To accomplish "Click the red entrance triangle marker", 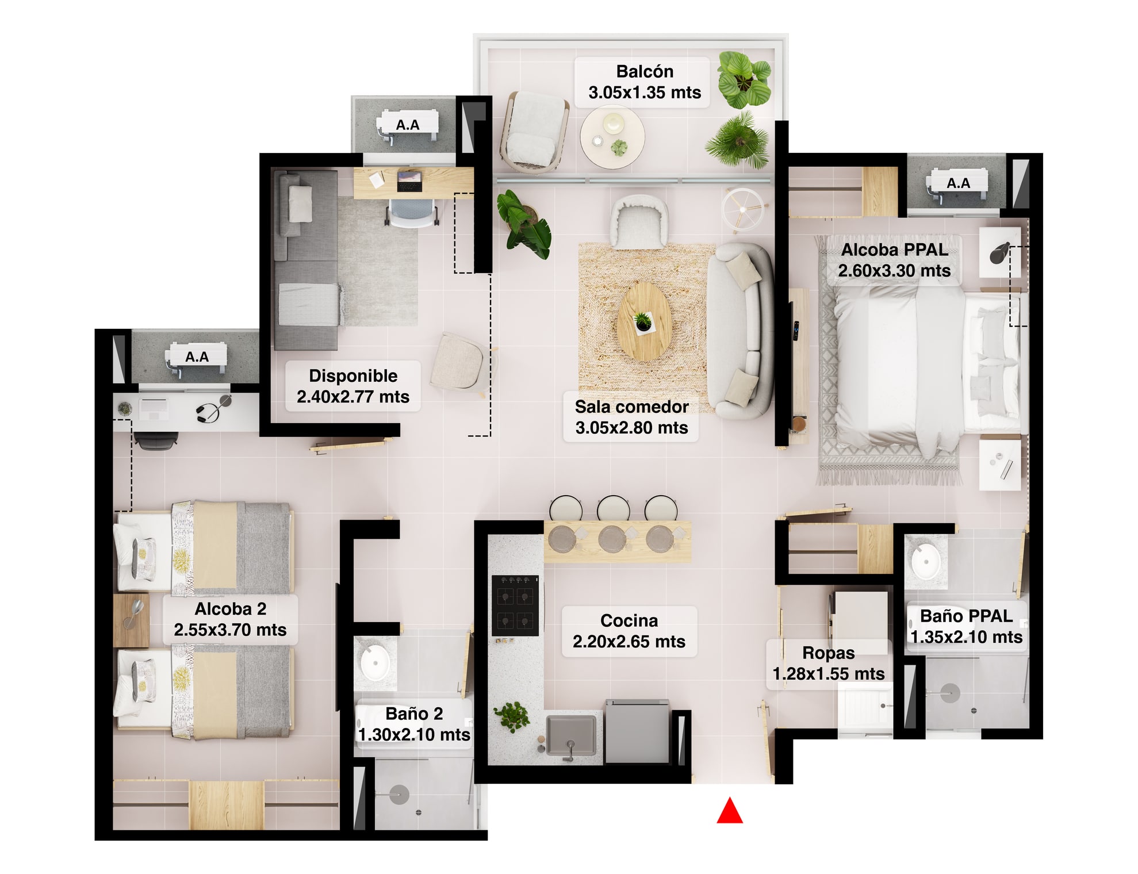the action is [x=729, y=811].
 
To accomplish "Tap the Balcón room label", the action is [x=644, y=82].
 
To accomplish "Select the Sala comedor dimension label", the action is [x=631, y=417].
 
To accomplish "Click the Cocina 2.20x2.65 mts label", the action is [x=629, y=631].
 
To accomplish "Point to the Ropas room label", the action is [x=828, y=664].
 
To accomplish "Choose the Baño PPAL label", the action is [x=966, y=627].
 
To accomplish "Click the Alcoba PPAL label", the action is [x=894, y=260].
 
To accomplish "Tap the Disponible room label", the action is [x=353, y=386].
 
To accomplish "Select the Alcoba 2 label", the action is [x=230, y=619].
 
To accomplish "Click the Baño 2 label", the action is [x=414, y=724].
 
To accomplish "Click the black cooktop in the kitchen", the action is [x=515, y=605].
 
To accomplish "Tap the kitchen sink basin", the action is [x=570, y=735].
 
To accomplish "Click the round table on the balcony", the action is [x=612, y=137].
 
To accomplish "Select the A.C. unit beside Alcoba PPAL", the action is [x=957, y=185].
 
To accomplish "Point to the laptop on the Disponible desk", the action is [x=409, y=181].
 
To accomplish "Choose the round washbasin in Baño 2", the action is [x=375, y=662].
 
